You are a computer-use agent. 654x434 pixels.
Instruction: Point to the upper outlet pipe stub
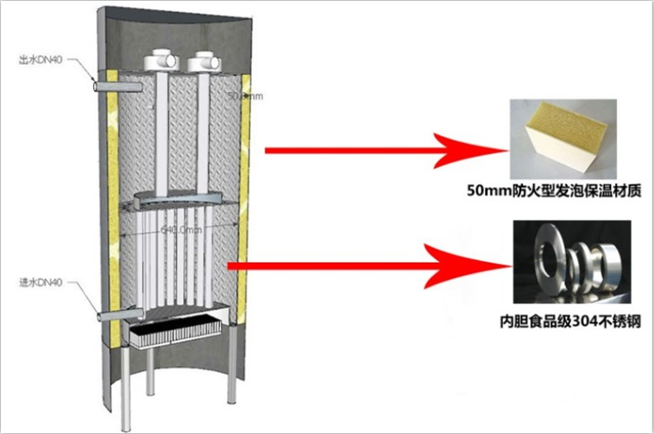click(x=106, y=84)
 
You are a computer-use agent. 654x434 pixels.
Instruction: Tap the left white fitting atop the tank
click(x=162, y=61)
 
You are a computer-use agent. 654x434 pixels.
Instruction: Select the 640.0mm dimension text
click(x=181, y=231)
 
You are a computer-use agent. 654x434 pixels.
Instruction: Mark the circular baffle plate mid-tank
click(x=172, y=198)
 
